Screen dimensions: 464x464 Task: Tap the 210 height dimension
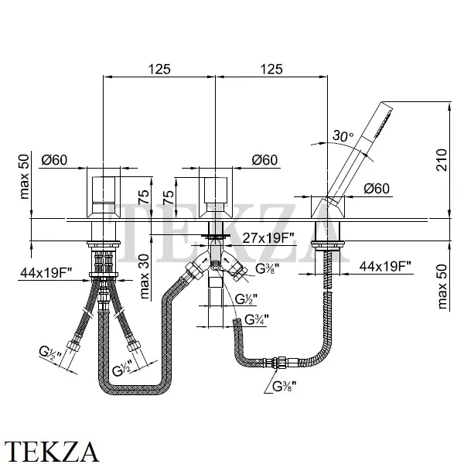pyautogui.click(x=442, y=161)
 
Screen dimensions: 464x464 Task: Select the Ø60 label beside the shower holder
pyautogui.click(x=376, y=188)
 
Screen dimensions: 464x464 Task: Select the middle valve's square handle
pyautogui.click(x=216, y=196)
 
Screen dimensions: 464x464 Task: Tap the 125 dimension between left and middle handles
pyautogui.click(x=161, y=69)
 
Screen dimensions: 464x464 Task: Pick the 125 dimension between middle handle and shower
pyautogui.click(x=270, y=69)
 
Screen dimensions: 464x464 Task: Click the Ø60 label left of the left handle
pyautogui.click(x=56, y=160)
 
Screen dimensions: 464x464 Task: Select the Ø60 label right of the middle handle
pyautogui.click(x=265, y=160)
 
